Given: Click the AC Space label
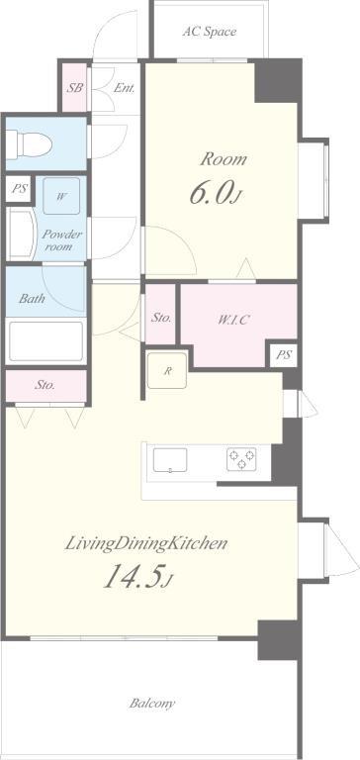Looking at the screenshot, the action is (210, 32).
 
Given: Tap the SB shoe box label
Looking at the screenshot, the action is (75, 88).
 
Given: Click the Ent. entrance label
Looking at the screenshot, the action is (125, 88).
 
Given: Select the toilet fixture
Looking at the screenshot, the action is (29, 142).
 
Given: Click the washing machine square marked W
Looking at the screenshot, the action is (61, 196).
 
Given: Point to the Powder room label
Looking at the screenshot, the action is (61, 240).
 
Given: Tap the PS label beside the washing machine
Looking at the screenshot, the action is (20, 189).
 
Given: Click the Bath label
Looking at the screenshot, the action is (32, 298).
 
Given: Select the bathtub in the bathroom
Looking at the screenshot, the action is (46, 341).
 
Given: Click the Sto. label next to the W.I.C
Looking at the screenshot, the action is (161, 318).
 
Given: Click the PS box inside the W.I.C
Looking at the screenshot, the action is (284, 355).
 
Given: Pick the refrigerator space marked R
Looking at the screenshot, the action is (167, 371).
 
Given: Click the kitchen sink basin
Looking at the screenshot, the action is (170, 460).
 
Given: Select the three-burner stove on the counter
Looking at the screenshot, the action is (241, 459).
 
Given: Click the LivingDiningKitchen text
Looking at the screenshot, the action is (146, 543).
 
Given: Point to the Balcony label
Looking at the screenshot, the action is (152, 703).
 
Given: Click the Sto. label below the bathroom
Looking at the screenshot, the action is (45, 385).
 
